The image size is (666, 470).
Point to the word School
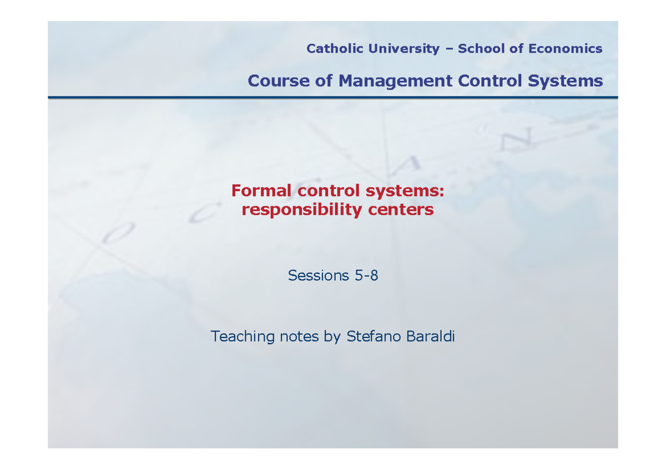(x=482, y=49)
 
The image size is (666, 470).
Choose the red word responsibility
(x=301, y=210)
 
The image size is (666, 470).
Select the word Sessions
(x=317, y=275)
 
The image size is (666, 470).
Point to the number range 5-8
(x=366, y=275)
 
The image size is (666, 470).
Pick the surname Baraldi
(x=430, y=336)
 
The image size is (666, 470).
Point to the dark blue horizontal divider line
(x=333, y=98)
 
